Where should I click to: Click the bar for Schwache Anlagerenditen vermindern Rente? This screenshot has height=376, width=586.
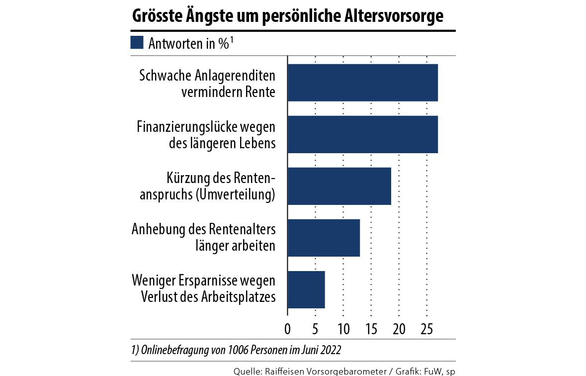(362, 83)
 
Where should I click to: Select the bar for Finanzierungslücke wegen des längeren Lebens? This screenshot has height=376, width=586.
(362, 134)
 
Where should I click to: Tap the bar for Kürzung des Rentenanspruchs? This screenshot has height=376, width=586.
(339, 186)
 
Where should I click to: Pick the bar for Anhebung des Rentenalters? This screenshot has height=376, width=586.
(324, 238)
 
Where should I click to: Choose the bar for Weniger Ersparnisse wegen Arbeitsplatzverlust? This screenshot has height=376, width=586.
(306, 289)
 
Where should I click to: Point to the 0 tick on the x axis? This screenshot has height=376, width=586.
(287, 329)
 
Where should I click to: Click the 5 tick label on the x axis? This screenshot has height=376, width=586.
(315, 329)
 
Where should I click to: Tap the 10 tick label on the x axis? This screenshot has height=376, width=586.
(343, 329)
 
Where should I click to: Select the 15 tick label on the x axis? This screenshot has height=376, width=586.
(371, 329)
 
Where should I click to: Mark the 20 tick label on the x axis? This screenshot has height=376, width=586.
(399, 329)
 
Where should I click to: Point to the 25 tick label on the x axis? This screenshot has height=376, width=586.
(426, 329)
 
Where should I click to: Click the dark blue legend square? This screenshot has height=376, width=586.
(137, 42)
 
